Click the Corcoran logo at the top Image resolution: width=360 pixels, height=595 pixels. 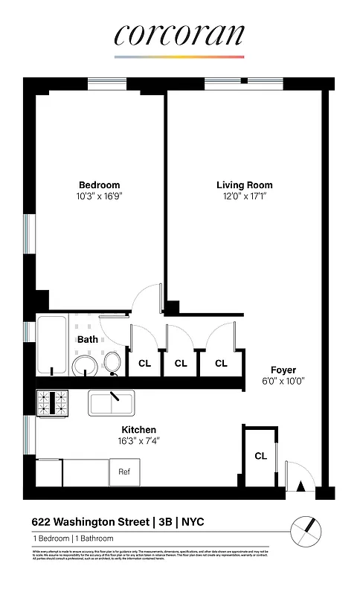click(179, 36)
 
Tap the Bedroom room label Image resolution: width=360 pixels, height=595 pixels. click(99, 185)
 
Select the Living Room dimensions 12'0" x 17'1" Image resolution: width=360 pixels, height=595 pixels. click(244, 196)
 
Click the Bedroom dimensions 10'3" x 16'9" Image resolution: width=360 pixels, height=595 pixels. click(99, 196)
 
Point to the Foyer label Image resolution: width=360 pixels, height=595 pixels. click(283, 370)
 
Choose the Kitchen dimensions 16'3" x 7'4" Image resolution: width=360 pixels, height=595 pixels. click(139, 441)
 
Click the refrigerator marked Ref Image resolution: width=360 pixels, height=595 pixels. click(124, 472)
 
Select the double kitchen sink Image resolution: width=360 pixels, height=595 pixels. click(111, 403)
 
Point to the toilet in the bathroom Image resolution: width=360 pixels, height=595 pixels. click(113, 363)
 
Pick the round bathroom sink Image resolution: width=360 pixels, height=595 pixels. click(84, 366)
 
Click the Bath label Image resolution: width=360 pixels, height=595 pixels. click(88, 339)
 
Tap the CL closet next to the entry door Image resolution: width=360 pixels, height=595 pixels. click(260, 455)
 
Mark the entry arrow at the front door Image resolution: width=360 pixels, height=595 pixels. click(300, 486)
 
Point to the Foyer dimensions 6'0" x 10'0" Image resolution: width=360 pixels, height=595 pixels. click(283, 381)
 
